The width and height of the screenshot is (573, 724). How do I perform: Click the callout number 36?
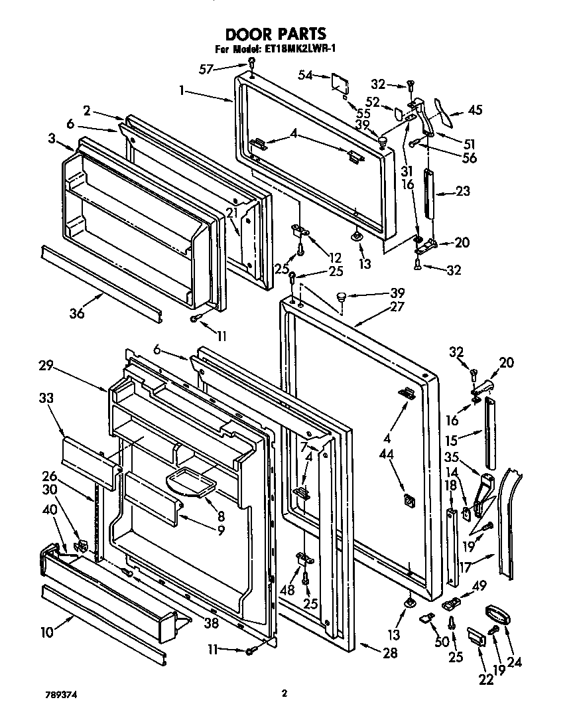77,314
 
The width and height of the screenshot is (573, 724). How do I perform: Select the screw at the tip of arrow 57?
252,62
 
